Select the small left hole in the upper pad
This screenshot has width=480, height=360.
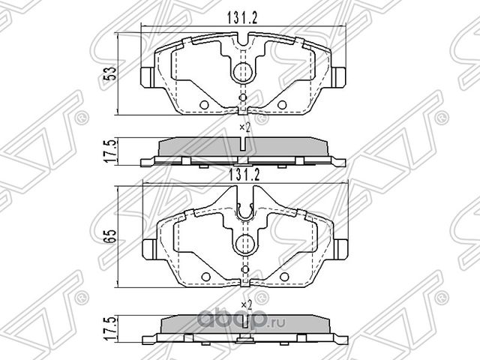coord(202,104)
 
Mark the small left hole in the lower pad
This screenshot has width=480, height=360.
coord(202,276)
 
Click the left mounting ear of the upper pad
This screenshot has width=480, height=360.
coord(148,76)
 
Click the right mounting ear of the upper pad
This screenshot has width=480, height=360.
coord(338,76)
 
